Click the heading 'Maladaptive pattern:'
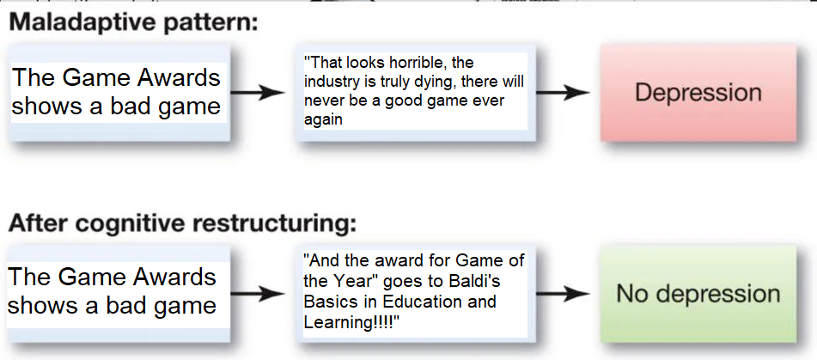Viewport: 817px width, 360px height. pos(133,24)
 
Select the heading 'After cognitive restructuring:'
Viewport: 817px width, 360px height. pos(183,223)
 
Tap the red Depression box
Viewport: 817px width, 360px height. pos(698,93)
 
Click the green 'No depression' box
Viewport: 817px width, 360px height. pos(698,294)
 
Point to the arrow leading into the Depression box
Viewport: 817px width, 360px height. pos(563,93)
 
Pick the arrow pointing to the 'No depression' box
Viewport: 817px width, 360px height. pos(563,294)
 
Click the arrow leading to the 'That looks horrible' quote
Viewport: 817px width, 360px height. pos(258,93)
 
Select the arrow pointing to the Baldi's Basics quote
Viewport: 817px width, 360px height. pos(258,294)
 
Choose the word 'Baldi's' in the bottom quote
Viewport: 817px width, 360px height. pos(475,281)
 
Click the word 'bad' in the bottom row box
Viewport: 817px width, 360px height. pos(136,305)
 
